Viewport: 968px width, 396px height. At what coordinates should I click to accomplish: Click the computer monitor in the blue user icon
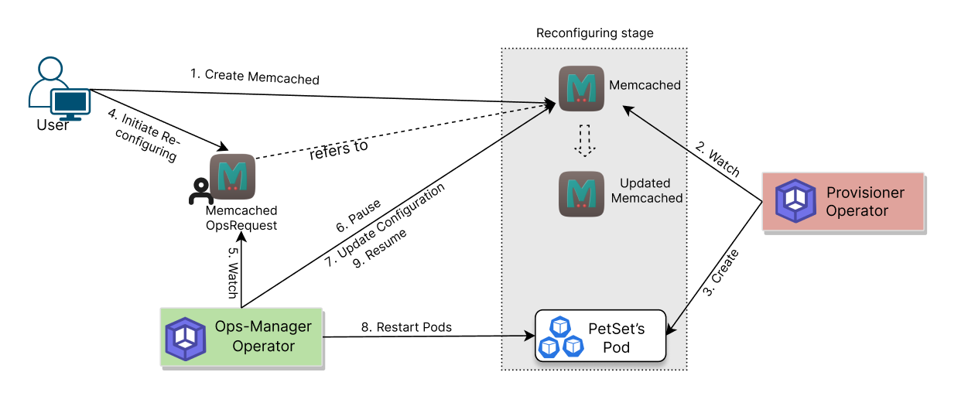coord(70,102)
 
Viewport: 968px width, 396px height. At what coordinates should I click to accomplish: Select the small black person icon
coord(200,192)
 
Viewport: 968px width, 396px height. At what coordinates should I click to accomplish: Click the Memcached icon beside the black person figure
coord(233,176)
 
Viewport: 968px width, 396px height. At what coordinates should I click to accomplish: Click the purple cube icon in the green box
coord(185,338)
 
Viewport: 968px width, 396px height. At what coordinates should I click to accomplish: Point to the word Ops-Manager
coord(263,326)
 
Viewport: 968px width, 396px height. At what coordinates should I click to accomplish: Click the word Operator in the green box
coord(263,346)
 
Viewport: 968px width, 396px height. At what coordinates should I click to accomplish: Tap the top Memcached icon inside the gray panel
coord(581,88)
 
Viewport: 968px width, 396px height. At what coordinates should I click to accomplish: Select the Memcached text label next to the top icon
coord(645,85)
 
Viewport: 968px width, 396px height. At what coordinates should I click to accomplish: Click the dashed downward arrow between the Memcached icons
coord(585,140)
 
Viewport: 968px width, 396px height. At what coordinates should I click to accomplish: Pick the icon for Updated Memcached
coord(581,193)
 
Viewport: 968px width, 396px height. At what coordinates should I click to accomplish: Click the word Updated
coord(645,183)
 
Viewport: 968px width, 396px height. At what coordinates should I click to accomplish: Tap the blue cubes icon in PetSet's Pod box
coord(561,337)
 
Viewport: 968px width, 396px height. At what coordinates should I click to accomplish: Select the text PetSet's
coord(616,329)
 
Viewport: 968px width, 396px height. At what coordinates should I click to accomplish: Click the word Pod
coord(616,347)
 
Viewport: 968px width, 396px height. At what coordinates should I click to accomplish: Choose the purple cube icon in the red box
coord(795,201)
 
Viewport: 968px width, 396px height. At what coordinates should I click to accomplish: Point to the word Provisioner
coord(865,193)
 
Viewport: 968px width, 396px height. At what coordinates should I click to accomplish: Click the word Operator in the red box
coord(857,210)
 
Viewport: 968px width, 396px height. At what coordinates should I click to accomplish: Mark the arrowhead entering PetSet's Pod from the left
coord(531,336)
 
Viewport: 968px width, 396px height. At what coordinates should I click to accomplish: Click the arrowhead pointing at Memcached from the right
coord(628,110)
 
